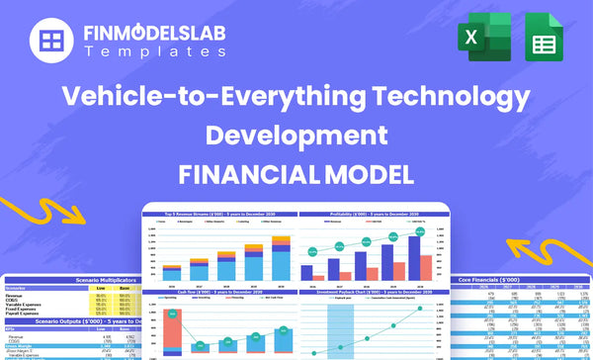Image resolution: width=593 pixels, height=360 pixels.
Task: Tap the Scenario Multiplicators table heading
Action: (x=74, y=281)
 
